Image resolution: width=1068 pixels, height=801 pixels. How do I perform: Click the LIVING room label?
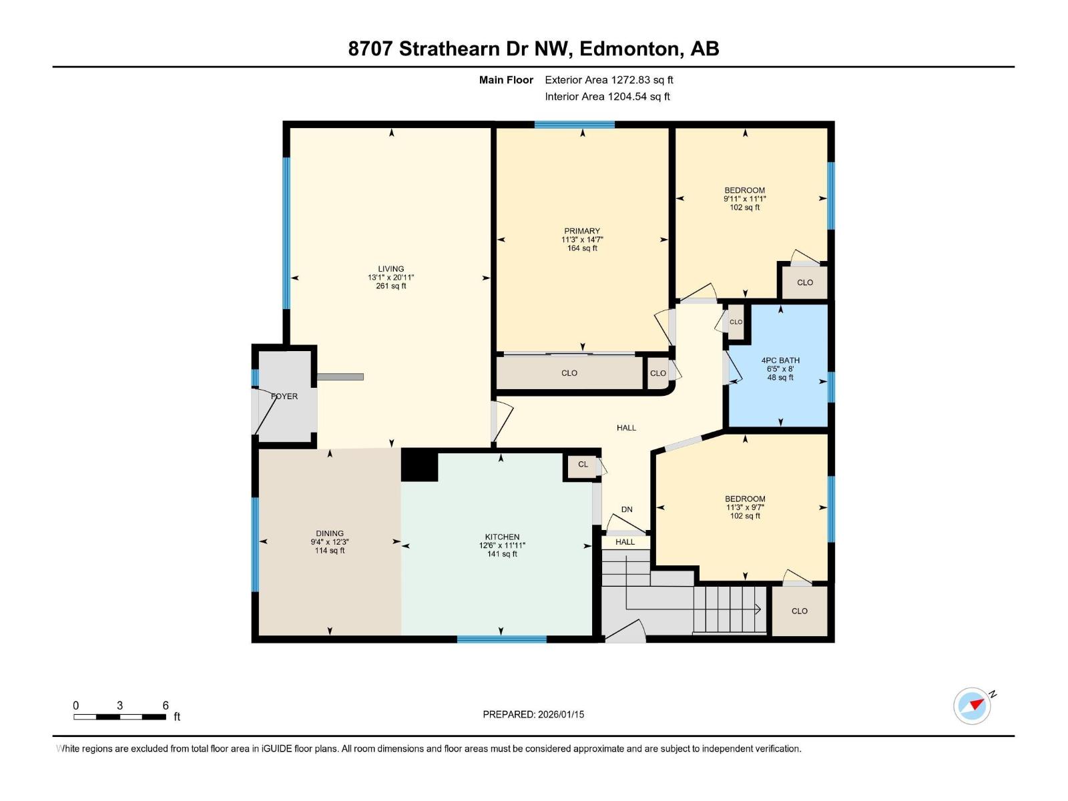click(x=391, y=269)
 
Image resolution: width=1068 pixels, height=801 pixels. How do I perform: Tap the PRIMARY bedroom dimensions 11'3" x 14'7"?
click(x=582, y=240)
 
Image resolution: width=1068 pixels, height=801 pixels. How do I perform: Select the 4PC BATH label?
click(x=780, y=360)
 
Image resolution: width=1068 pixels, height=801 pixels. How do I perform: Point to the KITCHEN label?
click(x=502, y=537)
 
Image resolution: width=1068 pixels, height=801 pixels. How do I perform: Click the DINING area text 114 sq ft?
click(x=330, y=551)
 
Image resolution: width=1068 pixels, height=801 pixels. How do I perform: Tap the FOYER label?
click(x=284, y=396)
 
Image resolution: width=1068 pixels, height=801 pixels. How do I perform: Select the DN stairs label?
click(x=627, y=509)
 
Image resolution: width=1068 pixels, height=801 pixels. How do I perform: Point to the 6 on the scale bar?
click(x=166, y=706)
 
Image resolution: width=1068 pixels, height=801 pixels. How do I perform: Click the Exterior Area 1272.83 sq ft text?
click(x=609, y=80)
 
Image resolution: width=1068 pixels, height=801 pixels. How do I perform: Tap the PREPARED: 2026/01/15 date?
click(x=533, y=714)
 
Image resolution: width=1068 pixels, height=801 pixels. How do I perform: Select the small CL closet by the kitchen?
click(x=583, y=465)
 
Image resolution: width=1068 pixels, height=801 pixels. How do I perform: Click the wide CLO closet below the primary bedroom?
click(x=569, y=373)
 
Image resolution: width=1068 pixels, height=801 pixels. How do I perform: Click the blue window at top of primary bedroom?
click(x=574, y=124)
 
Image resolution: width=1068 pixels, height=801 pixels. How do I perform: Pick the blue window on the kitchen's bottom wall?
click(x=501, y=639)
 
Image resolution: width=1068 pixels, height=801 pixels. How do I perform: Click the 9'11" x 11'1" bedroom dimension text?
click(x=745, y=199)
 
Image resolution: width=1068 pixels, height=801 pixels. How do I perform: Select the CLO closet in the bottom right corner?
click(x=800, y=611)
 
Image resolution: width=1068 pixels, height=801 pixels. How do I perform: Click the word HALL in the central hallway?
click(x=626, y=428)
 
